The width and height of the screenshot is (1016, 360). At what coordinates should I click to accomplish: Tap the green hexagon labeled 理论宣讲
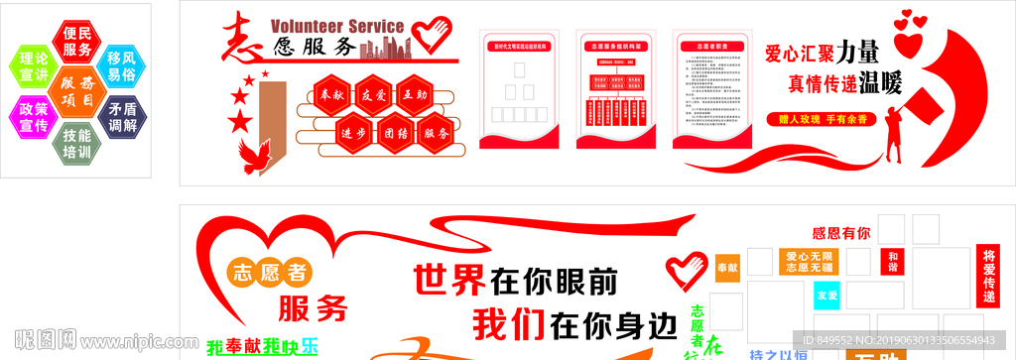pyautogui.click(x=33, y=65)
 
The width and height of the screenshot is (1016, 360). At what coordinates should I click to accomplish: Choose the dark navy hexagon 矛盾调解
pyautogui.click(x=121, y=118)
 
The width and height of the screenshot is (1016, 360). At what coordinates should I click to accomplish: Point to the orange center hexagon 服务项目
pyautogui.click(x=76, y=92)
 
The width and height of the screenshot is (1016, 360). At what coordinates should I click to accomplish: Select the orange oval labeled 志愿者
pyautogui.click(x=269, y=271)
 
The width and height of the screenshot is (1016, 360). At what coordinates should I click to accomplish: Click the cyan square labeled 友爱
pyautogui.click(x=826, y=296)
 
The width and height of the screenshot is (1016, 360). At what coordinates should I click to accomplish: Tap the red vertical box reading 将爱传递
pyautogui.click(x=988, y=275)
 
